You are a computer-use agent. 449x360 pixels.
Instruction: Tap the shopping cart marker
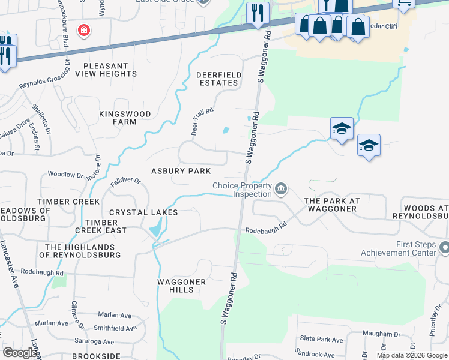[x=404, y=3]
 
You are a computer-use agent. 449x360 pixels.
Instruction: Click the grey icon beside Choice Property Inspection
[x=280, y=190]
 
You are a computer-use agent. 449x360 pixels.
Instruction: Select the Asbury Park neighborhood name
[x=181, y=171]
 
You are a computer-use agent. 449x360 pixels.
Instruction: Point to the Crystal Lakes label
[x=143, y=212]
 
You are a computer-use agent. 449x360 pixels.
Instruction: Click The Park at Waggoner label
[x=330, y=205]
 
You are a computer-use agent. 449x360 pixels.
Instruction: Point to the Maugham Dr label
[x=381, y=334]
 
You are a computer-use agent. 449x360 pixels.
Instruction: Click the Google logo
[x=20, y=353]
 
